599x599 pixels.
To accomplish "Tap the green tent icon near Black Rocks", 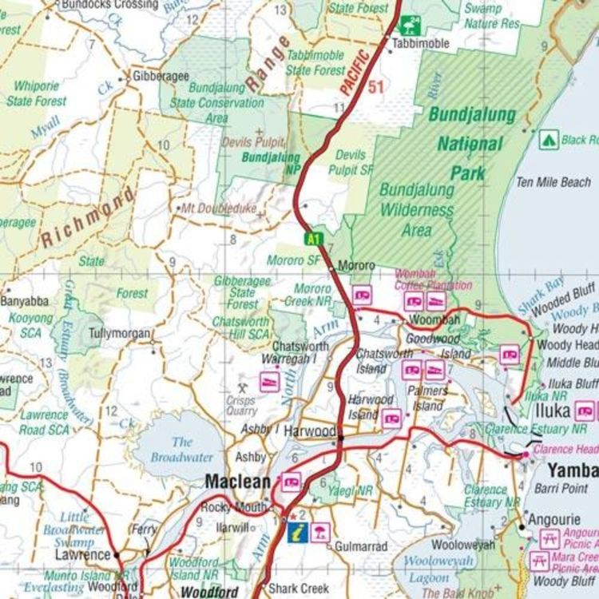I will tap(549, 140).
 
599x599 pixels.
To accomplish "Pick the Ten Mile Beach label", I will tap(553, 182).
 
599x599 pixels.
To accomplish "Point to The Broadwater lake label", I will tap(182, 450).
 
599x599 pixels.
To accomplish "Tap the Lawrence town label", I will tap(82, 554).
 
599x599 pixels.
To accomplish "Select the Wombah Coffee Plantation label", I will tap(432, 280).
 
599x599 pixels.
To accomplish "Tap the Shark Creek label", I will tap(298, 588).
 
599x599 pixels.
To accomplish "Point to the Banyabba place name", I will tap(24, 301).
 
